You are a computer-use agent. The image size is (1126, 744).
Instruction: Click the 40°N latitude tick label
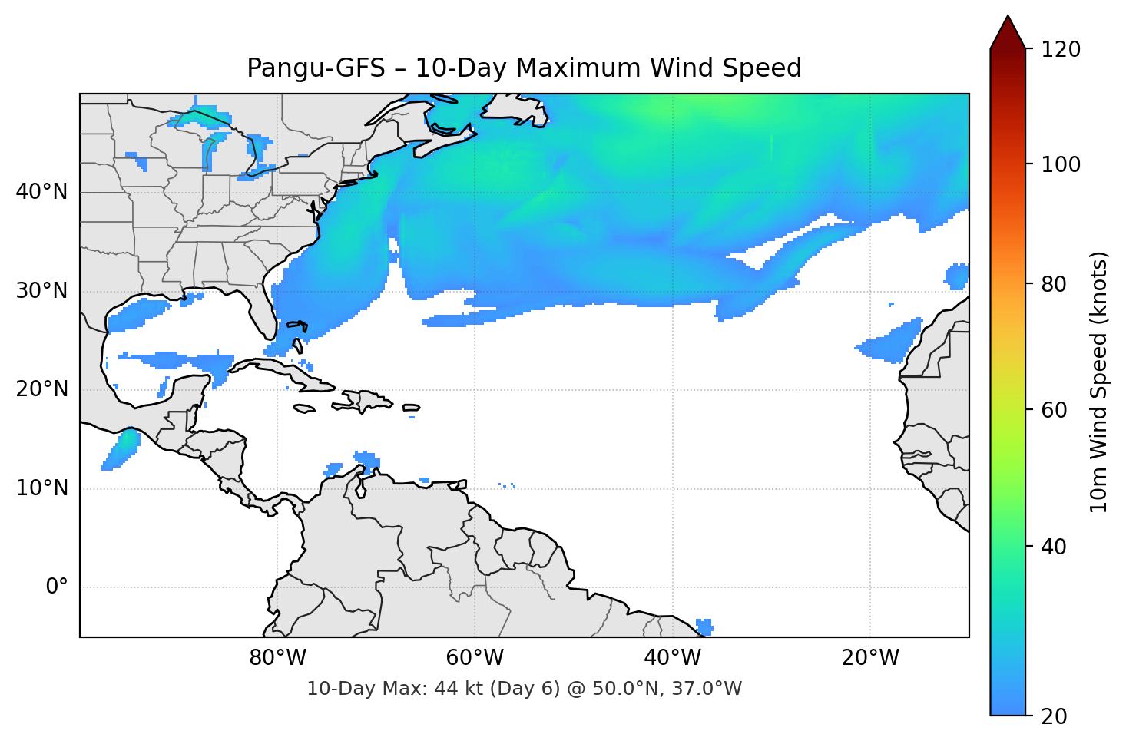pos(41,192)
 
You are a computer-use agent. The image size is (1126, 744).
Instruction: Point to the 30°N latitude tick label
pos(41,291)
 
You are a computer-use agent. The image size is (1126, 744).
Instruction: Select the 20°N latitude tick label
pos(41,389)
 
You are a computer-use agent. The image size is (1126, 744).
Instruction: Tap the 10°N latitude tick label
pos(41,488)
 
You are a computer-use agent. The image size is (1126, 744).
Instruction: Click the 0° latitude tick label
pos(57,587)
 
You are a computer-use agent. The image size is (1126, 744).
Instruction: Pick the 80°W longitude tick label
pos(278,658)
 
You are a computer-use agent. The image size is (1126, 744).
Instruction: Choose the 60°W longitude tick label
pos(475,658)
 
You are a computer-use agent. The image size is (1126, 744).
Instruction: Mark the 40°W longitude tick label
pos(673,658)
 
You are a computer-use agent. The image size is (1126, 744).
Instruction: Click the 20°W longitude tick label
pos(870,658)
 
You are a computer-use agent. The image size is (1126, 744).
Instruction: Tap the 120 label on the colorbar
pos(1061,50)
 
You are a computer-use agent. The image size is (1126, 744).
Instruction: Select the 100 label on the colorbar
pos(1061,164)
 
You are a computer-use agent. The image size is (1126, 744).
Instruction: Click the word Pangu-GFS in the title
pos(316,68)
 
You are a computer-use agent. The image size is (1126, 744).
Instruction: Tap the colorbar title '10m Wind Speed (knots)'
pos(1099,382)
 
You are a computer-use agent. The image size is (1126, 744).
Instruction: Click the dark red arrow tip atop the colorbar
pos(1008,29)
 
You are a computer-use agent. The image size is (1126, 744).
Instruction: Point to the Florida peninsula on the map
pos(263,307)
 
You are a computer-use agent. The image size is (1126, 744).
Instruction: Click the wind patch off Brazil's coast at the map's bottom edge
pos(704,627)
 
